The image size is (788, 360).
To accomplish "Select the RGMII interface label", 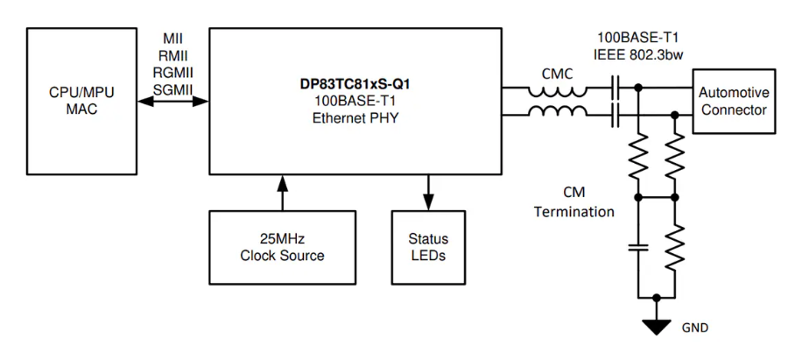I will coord(172,73).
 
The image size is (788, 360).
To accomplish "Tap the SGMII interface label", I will coord(172,89).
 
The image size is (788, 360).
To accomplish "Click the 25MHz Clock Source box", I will coord(282,247).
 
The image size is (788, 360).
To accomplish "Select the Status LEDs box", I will coord(428,247).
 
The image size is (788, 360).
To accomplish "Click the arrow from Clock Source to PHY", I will coord(282,192).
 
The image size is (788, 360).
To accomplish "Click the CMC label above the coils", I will coord(557,74).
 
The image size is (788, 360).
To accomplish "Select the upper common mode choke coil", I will coord(557,89).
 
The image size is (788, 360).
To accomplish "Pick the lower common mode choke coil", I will coord(557,111).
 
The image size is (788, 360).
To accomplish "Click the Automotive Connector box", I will coord(734,101).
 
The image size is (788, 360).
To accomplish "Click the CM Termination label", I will coord(574,201).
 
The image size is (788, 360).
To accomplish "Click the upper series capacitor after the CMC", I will coord(616,88).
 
